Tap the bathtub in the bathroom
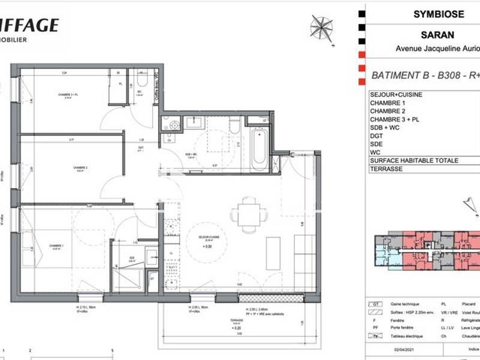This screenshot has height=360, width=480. [260, 148]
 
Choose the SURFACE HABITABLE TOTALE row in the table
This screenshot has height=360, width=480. [414, 161]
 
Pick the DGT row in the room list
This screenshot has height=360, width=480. [376, 136]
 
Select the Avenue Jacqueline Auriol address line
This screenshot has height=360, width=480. [437, 49]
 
